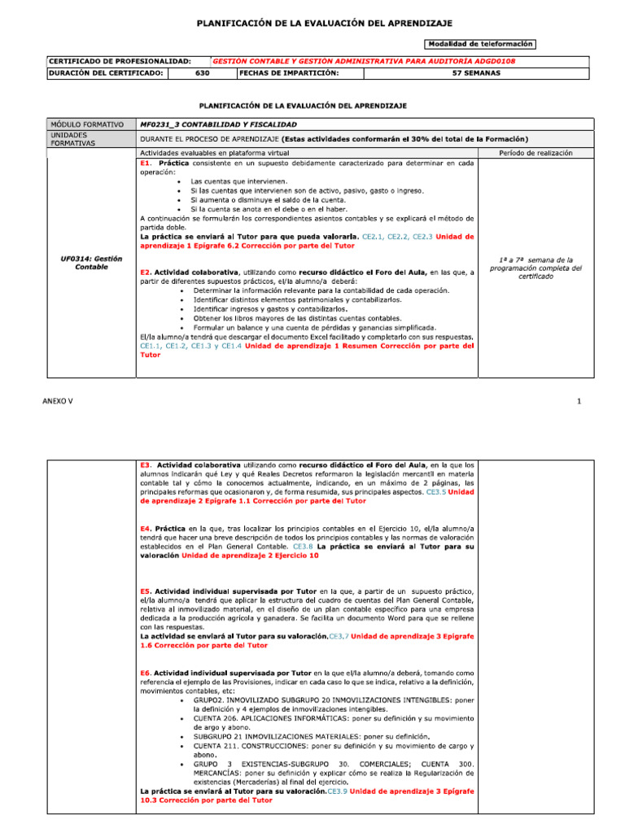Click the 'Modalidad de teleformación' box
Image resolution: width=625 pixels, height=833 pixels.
[479, 43]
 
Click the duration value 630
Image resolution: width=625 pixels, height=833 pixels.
[203, 73]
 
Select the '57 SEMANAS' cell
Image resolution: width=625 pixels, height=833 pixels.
[476, 73]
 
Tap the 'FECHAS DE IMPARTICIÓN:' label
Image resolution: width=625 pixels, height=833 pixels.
[289, 73]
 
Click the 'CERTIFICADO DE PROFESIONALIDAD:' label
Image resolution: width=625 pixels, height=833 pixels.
[120, 61]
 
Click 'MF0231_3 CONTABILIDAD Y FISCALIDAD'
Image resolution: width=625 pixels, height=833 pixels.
[218, 124]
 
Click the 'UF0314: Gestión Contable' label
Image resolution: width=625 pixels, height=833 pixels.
[91, 263]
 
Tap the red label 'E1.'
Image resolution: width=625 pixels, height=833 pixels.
[146, 163]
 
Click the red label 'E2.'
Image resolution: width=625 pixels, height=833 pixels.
[146, 272]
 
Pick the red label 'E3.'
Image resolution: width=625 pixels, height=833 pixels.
[146, 465]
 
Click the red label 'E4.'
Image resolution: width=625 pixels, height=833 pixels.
[146, 529]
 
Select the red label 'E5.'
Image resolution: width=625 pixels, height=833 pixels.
[146, 591]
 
